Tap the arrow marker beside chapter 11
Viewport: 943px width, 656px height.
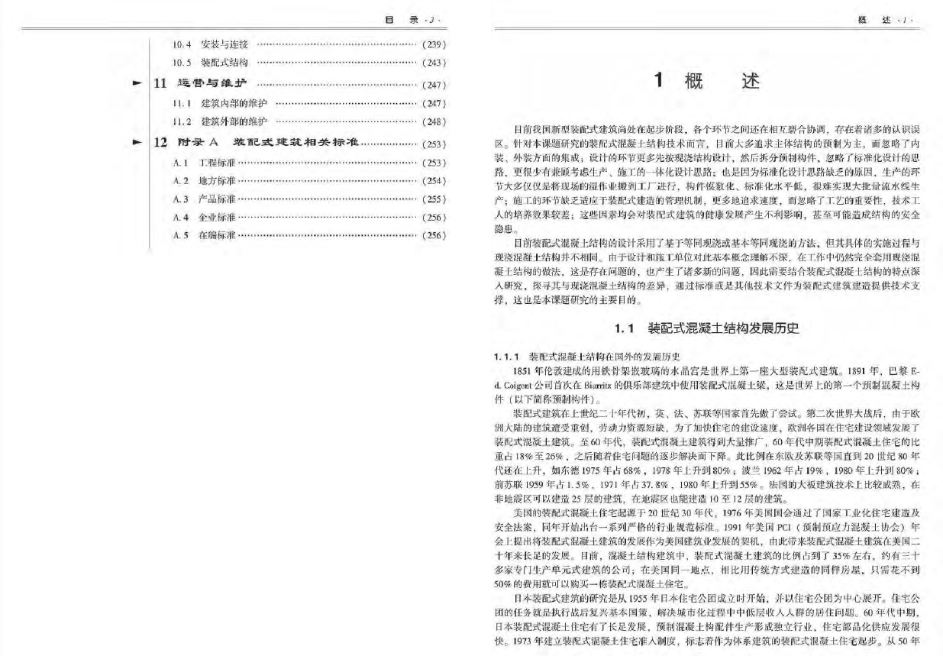[x=137, y=83]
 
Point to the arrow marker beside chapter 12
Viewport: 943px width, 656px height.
[x=137, y=142]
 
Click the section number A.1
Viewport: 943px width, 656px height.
[x=181, y=163]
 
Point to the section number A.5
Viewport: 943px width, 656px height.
[x=181, y=235]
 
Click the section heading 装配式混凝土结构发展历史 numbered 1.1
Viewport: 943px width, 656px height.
[x=722, y=329]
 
